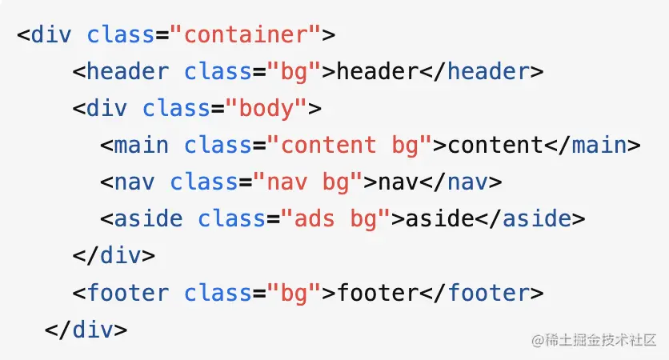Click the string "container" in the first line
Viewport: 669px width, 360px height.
245,35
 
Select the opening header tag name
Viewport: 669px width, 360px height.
127,72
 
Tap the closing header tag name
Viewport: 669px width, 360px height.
488,72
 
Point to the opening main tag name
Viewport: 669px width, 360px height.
142,146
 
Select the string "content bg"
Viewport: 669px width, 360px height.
350,146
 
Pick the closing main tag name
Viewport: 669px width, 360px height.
600,146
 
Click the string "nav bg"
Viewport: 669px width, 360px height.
309,182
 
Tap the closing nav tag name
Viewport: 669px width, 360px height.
467,182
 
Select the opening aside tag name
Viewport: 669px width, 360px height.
149,218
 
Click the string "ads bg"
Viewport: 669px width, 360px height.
336,218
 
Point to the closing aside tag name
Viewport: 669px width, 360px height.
537,218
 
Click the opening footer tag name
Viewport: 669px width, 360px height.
127,293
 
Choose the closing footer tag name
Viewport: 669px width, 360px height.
488,293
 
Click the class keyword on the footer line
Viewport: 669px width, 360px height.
218,293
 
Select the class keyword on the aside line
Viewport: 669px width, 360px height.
232,218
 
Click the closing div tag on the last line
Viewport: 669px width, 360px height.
86,329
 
